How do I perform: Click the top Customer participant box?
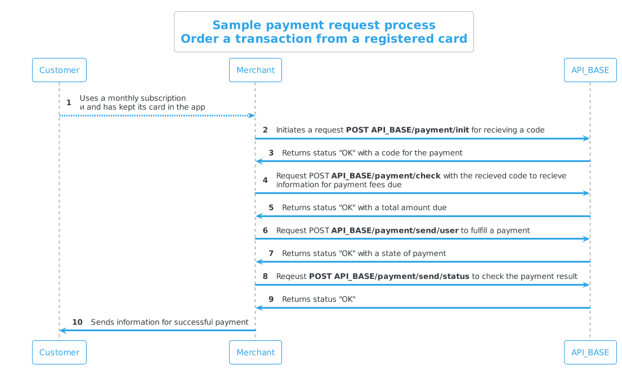(x=59, y=70)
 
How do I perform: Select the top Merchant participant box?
(x=256, y=70)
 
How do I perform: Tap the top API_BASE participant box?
(x=590, y=70)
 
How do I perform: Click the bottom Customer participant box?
(x=59, y=353)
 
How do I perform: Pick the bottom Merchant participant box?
(x=256, y=353)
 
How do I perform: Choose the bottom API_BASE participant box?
(x=590, y=353)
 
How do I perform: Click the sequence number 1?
(x=69, y=103)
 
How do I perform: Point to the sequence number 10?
(x=77, y=322)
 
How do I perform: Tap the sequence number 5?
(x=271, y=207)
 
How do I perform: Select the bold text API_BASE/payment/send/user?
(x=395, y=231)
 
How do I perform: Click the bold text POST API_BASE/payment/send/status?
(x=389, y=276)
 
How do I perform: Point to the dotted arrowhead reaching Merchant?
(x=252, y=115)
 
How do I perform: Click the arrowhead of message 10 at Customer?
(x=62, y=330)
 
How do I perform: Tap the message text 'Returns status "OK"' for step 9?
(x=319, y=299)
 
